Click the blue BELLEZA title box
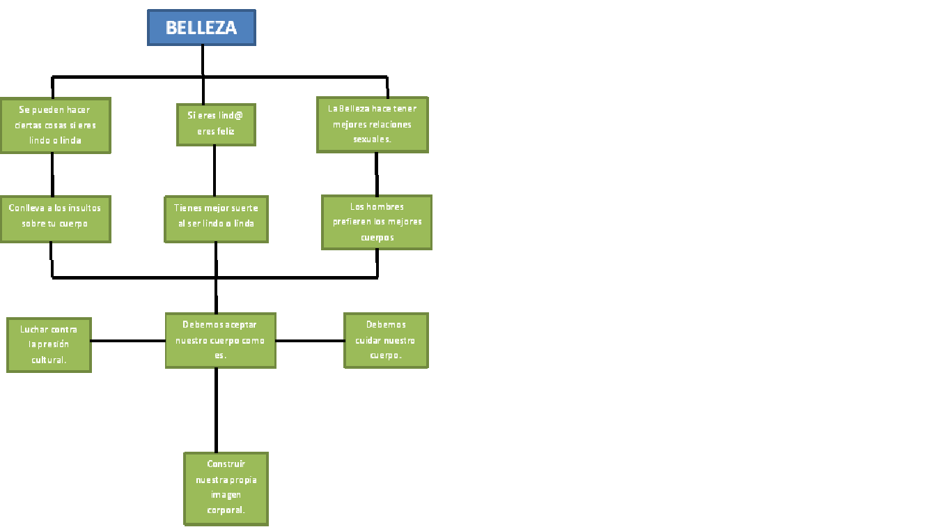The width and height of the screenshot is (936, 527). tap(201, 28)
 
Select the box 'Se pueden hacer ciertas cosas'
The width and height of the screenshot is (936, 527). tap(55, 125)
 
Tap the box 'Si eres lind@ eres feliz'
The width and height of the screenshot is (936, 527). tap(216, 125)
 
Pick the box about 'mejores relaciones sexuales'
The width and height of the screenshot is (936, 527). tap(373, 125)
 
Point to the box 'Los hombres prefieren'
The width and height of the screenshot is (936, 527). tap(377, 222)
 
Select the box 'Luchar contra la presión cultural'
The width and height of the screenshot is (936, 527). tap(49, 345)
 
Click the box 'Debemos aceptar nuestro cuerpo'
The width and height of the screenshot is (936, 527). tap(220, 340)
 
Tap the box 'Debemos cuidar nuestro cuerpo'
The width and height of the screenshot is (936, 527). tap(386, 340)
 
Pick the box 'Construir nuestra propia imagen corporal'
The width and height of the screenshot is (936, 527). tap(226, 488)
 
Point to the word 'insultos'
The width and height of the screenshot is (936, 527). tap(85, 208)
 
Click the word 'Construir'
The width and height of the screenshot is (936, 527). tap(226, 464)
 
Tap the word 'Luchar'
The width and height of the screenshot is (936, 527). tap(34, 329)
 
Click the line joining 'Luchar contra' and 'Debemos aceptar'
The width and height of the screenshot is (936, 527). tap(128, 341)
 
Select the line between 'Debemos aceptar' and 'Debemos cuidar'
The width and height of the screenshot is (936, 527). tap(310, 341)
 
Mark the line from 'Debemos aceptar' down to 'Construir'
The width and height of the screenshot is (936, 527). tap(216, 410)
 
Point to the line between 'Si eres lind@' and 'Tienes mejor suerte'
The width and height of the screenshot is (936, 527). tap(214, 171)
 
